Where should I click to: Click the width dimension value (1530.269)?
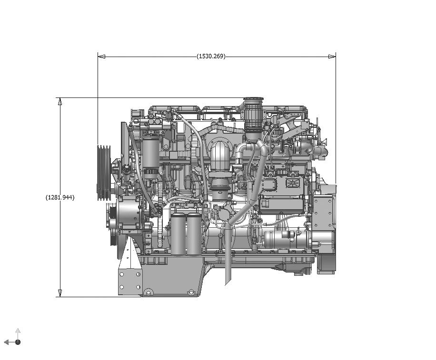point(211,56)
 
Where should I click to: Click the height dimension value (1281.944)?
point(60,197)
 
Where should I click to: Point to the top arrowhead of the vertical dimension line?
point(60,101)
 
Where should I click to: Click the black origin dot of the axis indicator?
point(18,342)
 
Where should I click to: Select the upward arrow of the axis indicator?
point(18,331)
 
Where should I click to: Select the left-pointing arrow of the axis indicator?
point(8,342)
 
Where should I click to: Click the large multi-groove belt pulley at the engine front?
point(103,172)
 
